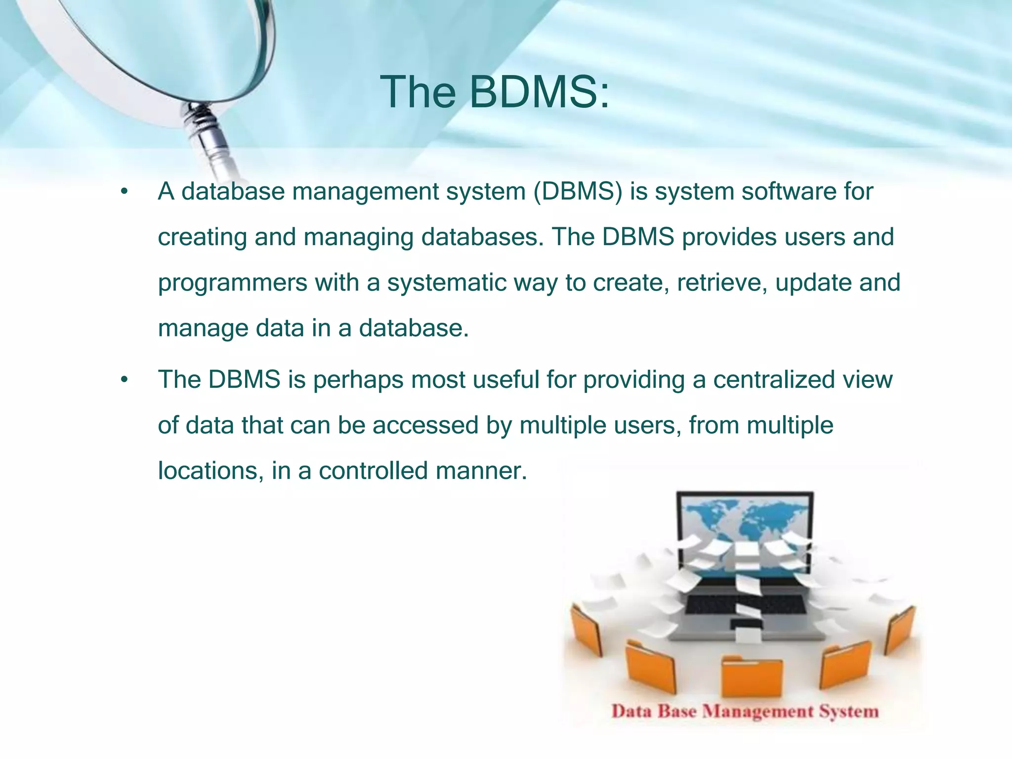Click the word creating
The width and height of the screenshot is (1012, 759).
[202, 238]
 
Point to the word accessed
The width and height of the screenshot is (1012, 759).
[425, 425]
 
